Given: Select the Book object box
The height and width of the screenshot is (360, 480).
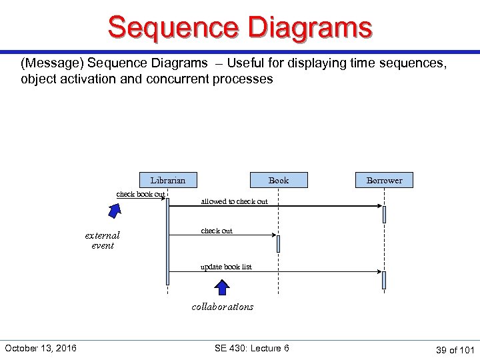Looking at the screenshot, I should point(279,180).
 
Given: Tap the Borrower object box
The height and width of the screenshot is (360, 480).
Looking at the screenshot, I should point(385,180).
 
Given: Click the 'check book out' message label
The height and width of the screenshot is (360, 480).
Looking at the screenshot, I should point(141,195).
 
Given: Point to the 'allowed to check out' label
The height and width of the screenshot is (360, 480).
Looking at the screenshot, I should point(234,201).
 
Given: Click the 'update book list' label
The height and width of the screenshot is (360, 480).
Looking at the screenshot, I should point(227,267).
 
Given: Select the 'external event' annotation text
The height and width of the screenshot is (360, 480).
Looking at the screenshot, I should point(102,240).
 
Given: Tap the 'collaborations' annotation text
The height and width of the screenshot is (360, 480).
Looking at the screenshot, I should point(222,307).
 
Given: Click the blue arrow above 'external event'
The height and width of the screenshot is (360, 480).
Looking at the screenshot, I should point(115,211).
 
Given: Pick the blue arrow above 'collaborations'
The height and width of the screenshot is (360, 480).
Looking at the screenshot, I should point(222,287).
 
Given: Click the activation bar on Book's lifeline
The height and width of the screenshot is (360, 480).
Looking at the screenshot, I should point(278,243).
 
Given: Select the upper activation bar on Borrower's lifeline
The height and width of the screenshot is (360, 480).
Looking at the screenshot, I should point(384,214).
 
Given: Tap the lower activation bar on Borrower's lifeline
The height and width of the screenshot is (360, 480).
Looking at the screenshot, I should point(384,280).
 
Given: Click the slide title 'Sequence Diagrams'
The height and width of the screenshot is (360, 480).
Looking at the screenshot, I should point(240,28).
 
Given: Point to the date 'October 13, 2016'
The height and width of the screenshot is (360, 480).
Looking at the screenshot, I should point(41,348).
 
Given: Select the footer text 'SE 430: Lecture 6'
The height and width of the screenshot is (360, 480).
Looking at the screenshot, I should point(252,348).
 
